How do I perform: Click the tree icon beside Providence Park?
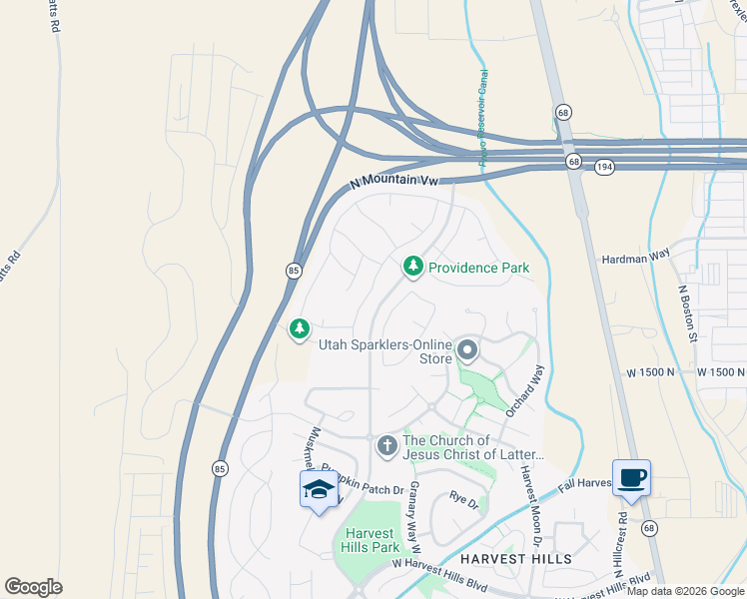[411, 267]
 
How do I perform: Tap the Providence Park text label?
[478, 268]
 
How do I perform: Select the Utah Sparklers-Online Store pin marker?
[467, 350]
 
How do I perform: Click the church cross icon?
[387, 447]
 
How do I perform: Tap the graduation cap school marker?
[319, 490]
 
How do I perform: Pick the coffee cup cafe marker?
[632, 477]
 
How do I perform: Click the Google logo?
[33, 587]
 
